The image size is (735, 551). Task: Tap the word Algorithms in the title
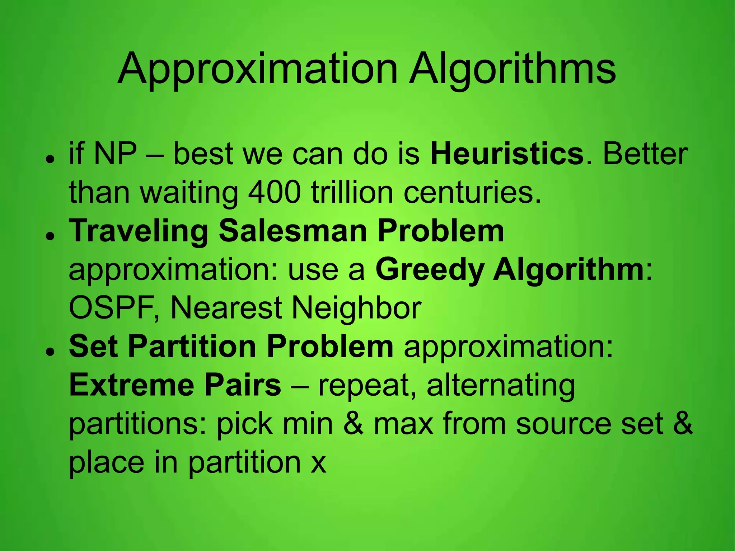coord(513,69)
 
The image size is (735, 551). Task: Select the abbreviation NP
coord(115,154)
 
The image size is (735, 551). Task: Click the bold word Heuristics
coord(507,154)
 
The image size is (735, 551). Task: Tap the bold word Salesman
coord(293,231)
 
